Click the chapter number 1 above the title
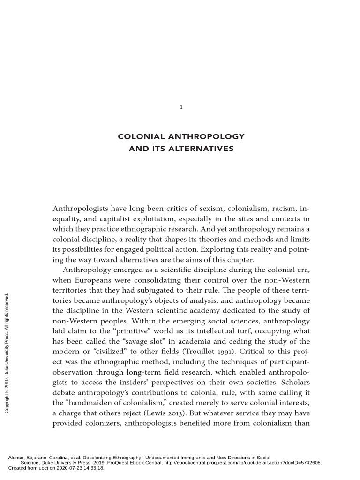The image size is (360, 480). [181, 107]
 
